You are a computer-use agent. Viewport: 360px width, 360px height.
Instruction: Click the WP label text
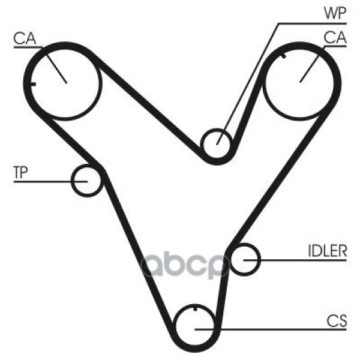point(335,13)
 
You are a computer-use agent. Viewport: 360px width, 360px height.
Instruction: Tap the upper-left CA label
point(25,38)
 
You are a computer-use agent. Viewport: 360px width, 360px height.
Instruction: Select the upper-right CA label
point(335,37)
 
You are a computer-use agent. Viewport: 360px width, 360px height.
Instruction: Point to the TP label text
point(20,172)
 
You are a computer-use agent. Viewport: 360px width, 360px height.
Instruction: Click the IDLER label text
point(327,251)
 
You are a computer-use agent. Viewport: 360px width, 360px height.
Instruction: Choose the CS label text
point(337,321)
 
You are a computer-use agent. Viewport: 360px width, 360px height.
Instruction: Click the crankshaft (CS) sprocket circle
point(176,326)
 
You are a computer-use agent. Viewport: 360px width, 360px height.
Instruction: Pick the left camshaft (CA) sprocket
point(101,83)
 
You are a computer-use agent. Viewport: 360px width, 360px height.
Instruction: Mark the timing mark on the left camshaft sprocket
point(34,84)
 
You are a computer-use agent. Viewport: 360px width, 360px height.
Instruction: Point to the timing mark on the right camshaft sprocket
point(284,55)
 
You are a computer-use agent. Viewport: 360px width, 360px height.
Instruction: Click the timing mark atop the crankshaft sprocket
point(195,308)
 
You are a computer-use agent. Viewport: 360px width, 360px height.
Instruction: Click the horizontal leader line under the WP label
point(312,23)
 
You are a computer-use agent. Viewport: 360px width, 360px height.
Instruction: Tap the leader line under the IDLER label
point(295,260)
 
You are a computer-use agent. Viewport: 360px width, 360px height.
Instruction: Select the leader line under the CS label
point(271,329)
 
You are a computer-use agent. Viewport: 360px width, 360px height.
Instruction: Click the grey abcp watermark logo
point(185,265)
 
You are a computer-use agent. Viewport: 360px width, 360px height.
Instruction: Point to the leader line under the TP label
point(50,182)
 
